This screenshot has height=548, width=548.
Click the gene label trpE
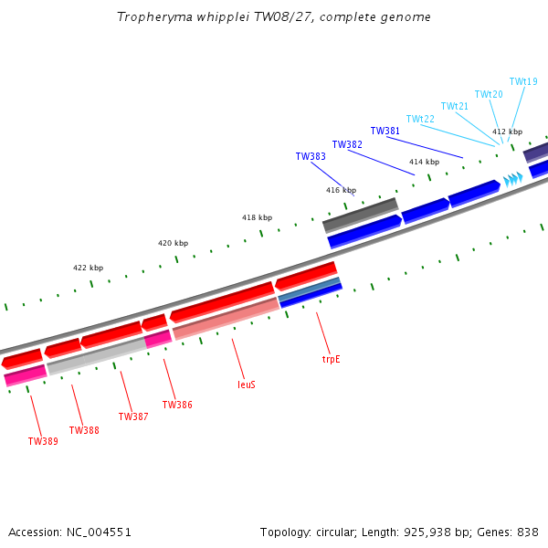331,359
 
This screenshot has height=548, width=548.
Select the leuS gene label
247,385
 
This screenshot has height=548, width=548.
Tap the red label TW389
43,441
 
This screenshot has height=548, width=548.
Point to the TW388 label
84,430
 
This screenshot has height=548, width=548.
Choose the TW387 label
133,416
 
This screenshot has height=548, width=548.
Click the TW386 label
177,405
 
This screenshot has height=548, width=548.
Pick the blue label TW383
311,156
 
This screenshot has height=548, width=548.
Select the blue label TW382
347,144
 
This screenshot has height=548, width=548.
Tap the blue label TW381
385,131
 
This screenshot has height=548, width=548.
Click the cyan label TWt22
420,119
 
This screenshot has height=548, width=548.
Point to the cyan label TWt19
523,81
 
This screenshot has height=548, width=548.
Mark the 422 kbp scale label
88,268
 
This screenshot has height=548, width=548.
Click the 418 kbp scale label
257,217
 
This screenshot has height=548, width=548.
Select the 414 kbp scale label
425,162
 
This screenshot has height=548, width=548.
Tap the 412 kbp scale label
508,132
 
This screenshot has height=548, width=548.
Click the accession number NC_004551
99,532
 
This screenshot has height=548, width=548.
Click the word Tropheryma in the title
154,16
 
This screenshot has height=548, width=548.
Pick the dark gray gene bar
361,216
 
